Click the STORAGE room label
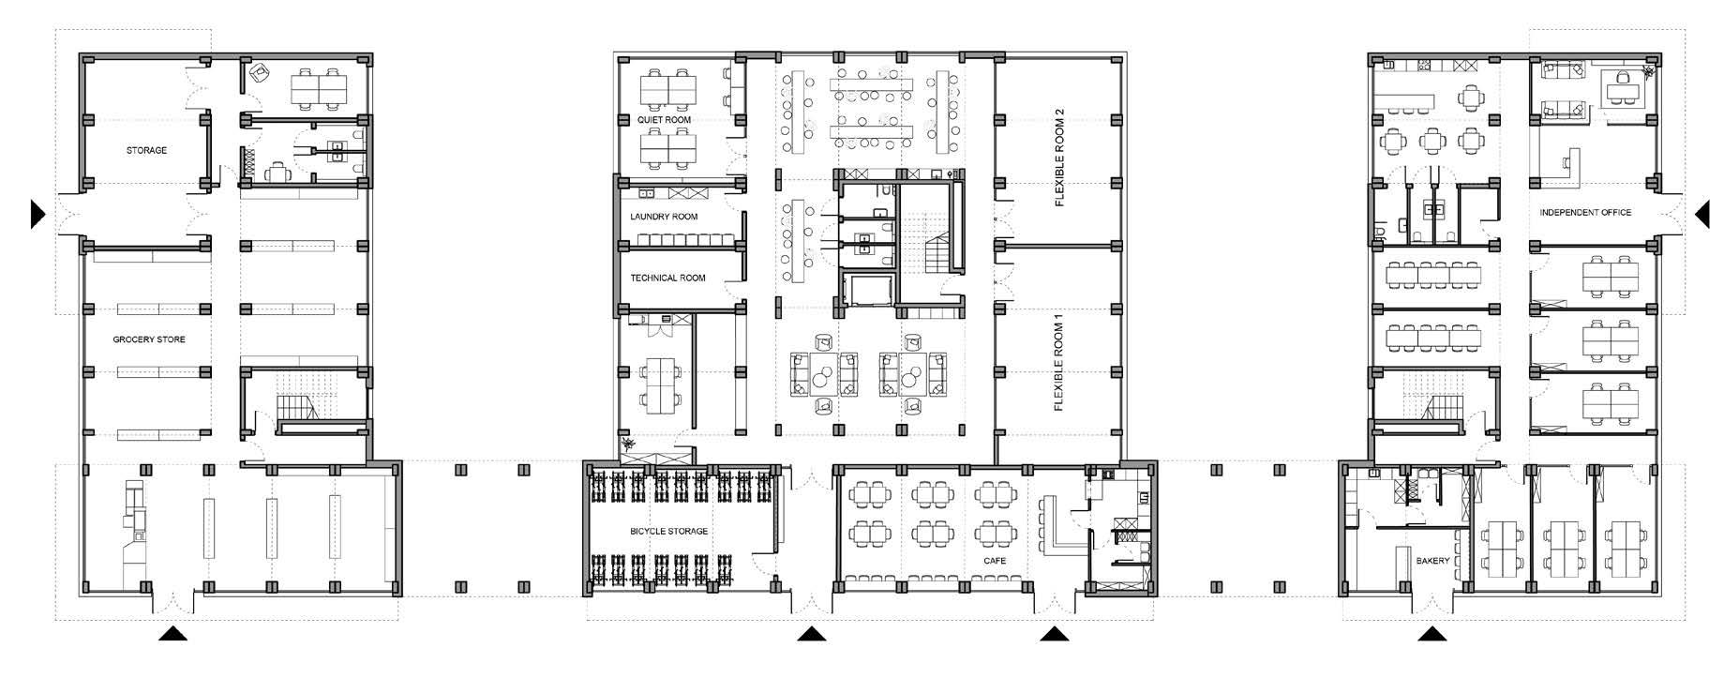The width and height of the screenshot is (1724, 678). [147, 150]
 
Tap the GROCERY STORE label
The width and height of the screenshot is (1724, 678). [149, 339]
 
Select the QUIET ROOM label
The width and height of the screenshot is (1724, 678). [664, 120]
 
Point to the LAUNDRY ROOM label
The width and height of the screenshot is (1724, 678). [664, 217]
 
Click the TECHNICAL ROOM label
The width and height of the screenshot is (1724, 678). [667, 278]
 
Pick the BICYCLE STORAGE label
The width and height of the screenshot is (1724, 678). [668, 532]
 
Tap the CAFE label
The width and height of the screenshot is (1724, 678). [995, 561]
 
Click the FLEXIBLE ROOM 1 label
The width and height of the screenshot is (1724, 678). [1059, 361]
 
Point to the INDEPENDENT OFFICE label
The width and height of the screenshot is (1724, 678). [1585, 213]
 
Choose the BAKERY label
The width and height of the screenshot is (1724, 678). [1432, 561]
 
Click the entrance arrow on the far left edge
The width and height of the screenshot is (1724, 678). [37, 214]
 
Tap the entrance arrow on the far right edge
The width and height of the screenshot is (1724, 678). [1702, 215]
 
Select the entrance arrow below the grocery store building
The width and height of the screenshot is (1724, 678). [172, 634]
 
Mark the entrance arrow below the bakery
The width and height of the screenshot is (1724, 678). [1431, 634]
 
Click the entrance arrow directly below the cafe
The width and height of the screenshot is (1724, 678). [1055, 634]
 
